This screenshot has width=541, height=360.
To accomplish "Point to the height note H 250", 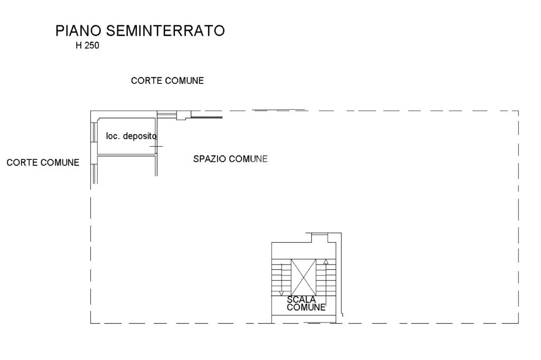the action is pos(87,46).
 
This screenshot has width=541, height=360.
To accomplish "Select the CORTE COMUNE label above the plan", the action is pos(167,81).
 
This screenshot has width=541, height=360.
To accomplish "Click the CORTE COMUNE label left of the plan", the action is pos(43,163).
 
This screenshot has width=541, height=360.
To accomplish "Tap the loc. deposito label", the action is pos(132,136).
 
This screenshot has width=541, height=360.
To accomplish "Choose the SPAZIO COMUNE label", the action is pos(231,159).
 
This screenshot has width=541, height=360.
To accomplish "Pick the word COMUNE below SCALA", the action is pos(306,308).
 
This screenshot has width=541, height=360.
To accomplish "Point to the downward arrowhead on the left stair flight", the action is pos(282,293).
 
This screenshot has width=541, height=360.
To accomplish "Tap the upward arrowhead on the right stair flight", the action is pos(325,261).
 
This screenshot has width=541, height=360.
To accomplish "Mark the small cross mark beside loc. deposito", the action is pos(156,146).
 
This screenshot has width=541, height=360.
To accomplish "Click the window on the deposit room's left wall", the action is pos(94,136).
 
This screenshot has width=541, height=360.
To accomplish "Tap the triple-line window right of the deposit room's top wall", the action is pos(167,115).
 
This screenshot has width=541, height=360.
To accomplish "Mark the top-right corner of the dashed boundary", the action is pos(518,111).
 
